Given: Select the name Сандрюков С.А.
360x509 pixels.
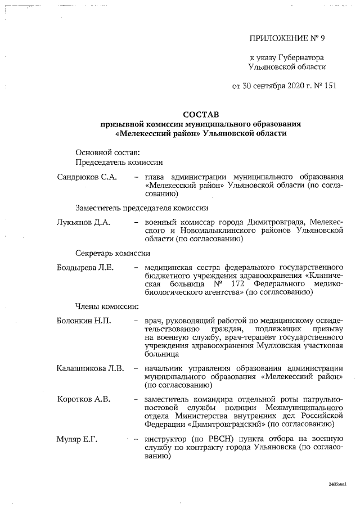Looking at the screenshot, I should click(87, 177).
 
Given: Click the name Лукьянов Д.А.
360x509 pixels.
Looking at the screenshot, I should click(83, 222).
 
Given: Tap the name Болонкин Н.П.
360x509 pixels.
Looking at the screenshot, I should click(84, 321).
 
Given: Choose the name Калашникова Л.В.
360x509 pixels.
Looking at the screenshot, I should click(90, 368).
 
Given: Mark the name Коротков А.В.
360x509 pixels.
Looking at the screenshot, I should click(84, 399).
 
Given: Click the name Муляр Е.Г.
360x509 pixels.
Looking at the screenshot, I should click(77, 439).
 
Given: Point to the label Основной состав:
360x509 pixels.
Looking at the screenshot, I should click(108, 152).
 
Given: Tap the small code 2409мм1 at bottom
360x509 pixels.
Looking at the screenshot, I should click(337, 484).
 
